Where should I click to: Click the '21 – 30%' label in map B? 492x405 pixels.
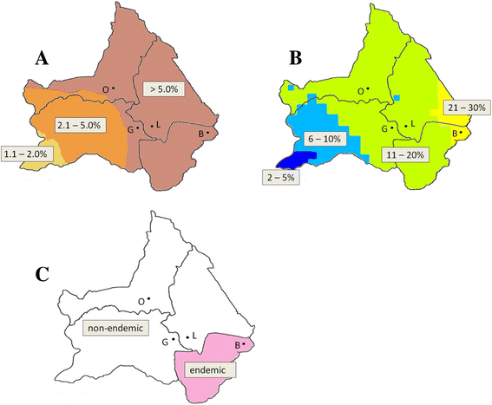(x=465, y=108)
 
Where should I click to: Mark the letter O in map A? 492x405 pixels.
(x=107, y=88)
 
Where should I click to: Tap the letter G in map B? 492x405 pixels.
(x=386, y=128)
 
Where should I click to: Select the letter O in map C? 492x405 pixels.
(x=142, y=301)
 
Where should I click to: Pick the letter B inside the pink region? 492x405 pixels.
(x=242, y=344)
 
